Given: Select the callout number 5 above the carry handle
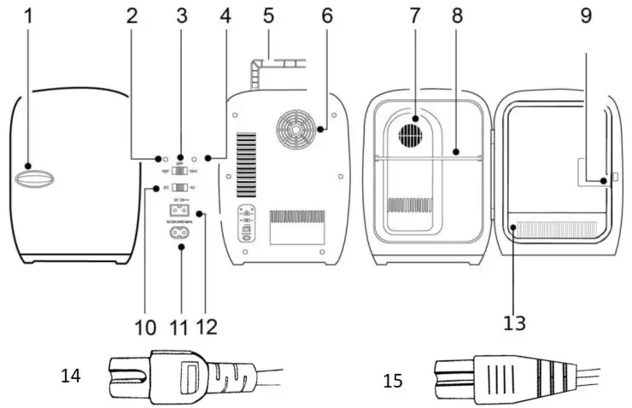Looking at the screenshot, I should (x=268, y=15).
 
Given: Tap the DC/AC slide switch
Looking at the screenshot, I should (x=180, y=188).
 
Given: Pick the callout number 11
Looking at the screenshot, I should (x=180, y=326).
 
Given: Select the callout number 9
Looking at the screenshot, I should (x=588, y=15).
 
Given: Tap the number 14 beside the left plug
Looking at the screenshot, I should (x=72, y=376).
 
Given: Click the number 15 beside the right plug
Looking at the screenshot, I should (x=394, y=379).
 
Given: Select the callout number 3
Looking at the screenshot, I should (x=181, y=15).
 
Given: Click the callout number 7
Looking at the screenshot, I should (x=414, y=15).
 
